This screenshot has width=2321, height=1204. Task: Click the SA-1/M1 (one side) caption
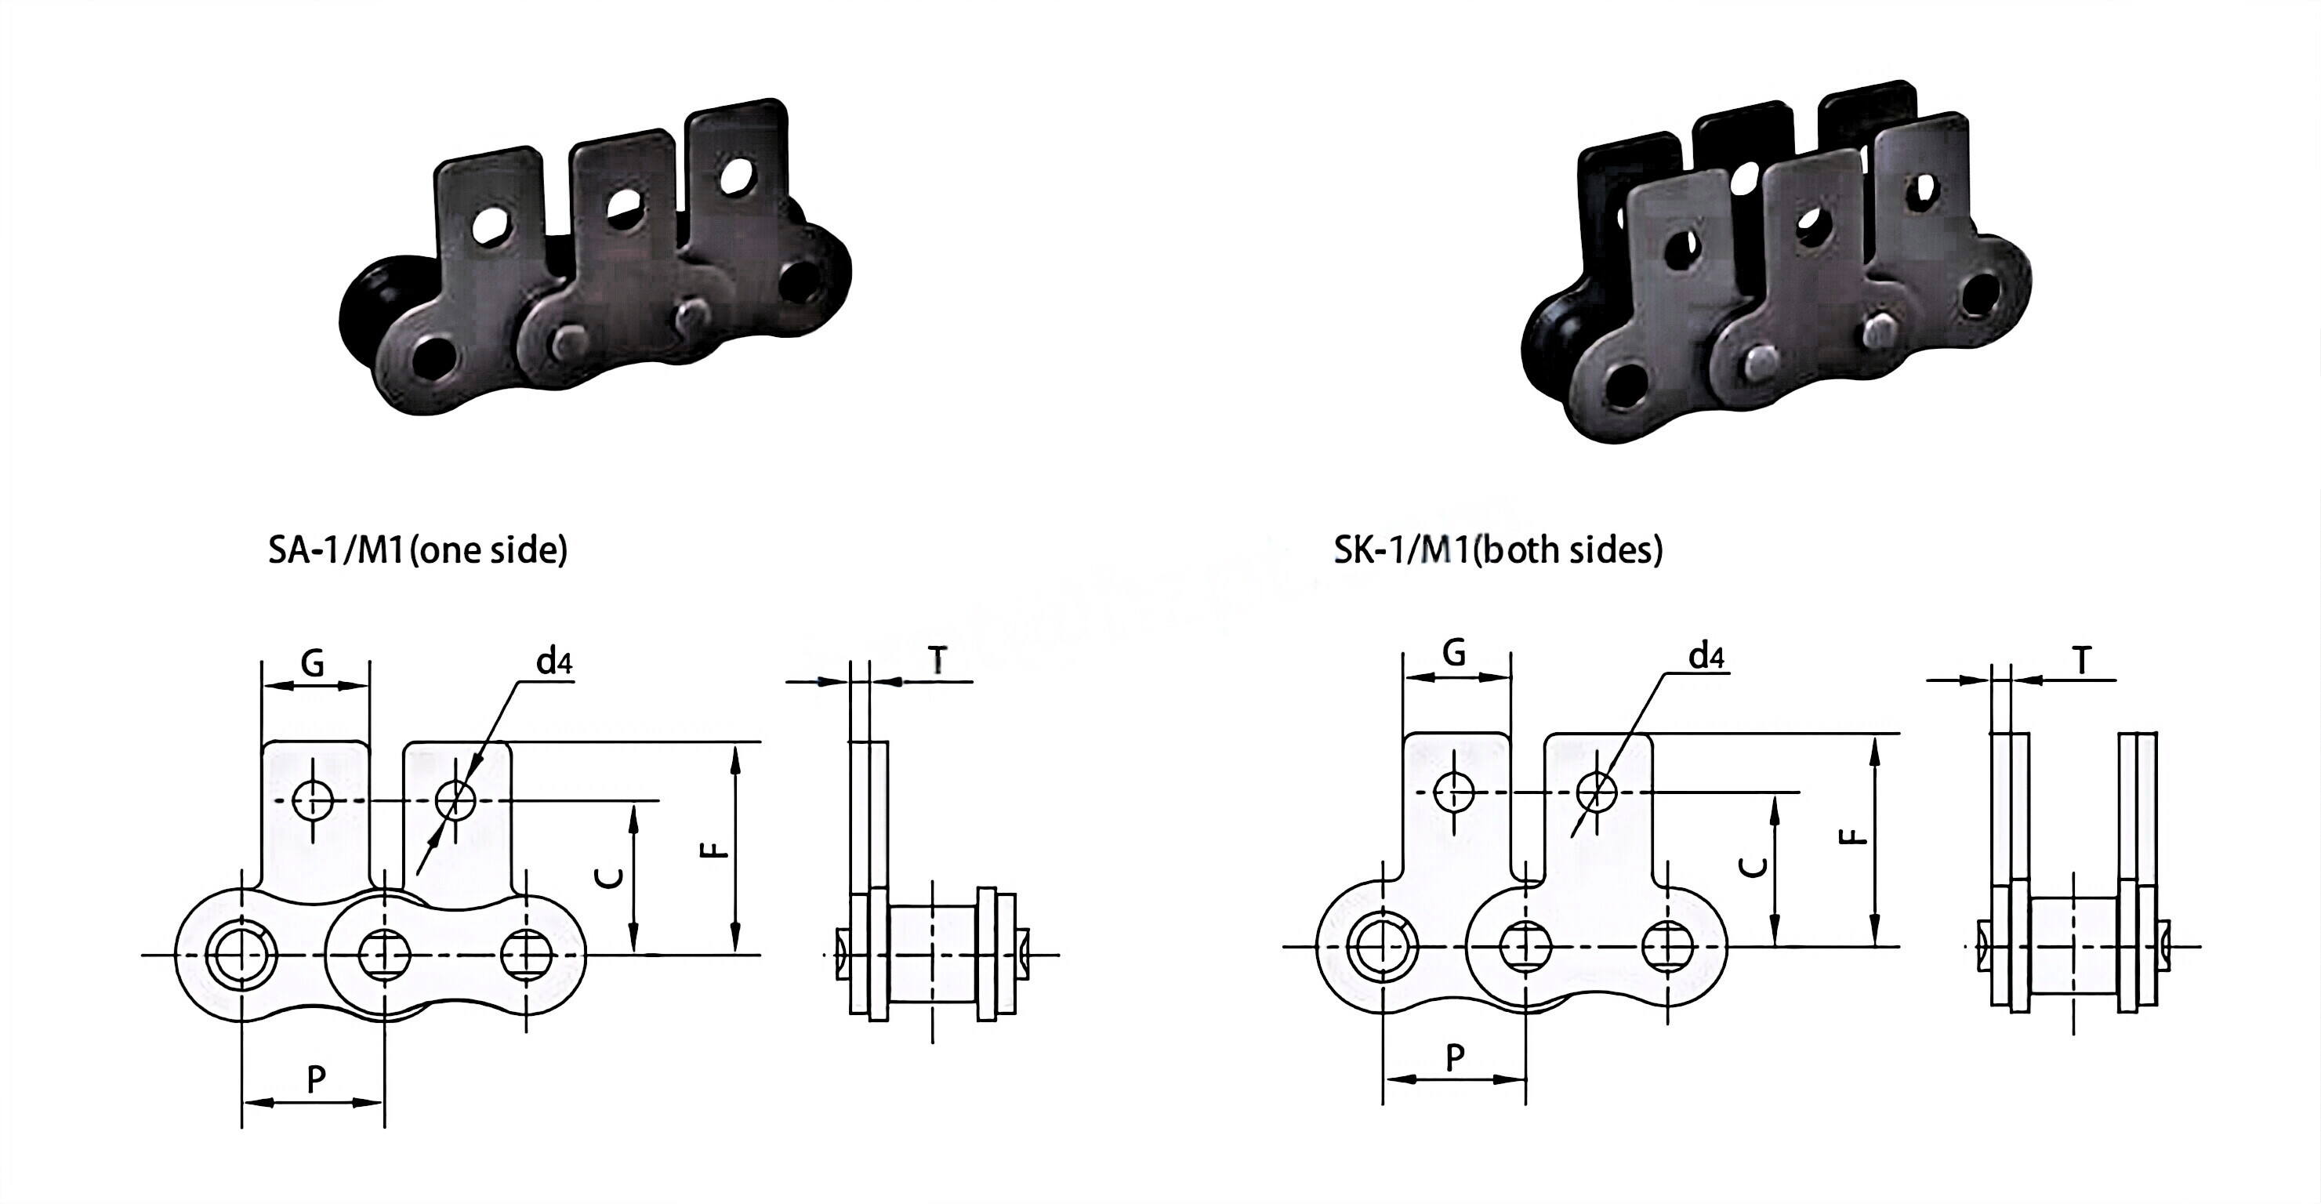pos(417,549)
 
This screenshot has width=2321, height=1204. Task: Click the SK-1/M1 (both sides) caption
pos(1497,549)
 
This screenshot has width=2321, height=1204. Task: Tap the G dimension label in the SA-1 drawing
pos(313,664)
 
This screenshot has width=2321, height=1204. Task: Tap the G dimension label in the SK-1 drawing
pos(1453,652)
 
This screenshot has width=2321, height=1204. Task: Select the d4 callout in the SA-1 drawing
pos(554,662)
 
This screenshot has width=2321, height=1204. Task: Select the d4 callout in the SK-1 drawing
pos(1706,656)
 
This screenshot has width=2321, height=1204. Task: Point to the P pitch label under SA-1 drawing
pos(315,1078)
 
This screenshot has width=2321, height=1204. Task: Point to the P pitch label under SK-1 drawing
pos(1454,1057)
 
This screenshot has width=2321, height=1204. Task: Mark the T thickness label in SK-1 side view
pos(2081,662)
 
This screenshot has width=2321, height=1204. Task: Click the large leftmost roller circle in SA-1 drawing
pos(241,955)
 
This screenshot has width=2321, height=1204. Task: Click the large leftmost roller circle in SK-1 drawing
pos(1381,947)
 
